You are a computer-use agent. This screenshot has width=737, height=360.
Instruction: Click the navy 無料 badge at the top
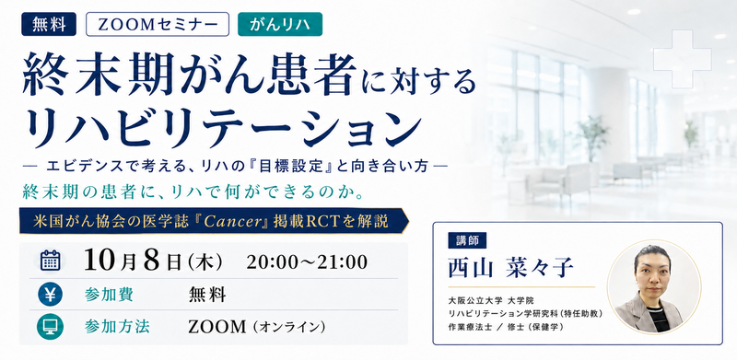[49, 24]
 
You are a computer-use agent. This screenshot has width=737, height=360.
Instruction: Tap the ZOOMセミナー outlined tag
[158, 24]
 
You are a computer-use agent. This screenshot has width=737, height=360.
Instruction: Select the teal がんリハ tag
[280, 24]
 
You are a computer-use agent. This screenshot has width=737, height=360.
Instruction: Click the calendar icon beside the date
[50, 260]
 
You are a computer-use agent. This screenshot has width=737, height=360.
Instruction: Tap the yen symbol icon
[50, 295]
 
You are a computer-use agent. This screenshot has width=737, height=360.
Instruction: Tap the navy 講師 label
[467, 240]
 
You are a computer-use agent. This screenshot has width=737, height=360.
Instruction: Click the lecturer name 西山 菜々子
[510, 268]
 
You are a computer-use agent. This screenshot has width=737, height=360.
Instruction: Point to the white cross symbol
[682, 59]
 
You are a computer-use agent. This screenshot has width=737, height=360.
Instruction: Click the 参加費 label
[109, 295]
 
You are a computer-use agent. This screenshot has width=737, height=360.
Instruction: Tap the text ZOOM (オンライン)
[257, 327]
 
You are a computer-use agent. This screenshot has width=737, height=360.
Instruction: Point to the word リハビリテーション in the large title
[225, 128]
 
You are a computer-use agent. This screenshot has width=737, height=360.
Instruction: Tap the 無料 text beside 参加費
[206, 295]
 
